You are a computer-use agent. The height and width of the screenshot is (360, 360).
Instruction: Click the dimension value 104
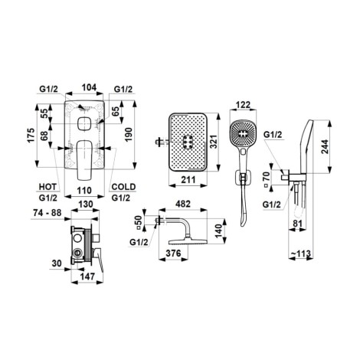pyautogui.click(x=89, y=87)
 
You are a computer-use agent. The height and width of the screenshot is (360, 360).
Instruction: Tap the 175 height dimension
pyautogui.click(x=31, y=136)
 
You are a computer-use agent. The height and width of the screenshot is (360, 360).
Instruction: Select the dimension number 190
pyautogui.click(x=128, y=135)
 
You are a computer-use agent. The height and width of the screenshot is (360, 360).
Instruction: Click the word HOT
pyautogui.click(x=47, y=187)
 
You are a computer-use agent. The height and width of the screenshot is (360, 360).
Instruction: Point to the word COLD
pyautogui.click(x=123, y=187)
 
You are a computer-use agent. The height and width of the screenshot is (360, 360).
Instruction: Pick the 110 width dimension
pyautogui.click(x=84, y=191)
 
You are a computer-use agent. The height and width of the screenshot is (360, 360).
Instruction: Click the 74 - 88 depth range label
pyautogui.click(x=47, y=212)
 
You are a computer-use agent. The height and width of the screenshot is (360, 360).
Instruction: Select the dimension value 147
pyautogui.click(x=87, y=276)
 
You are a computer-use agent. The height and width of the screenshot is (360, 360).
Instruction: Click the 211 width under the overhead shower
pyautogui.click(x=188, y=180)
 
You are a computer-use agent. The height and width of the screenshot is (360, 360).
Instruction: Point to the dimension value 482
pyautogui.click(x=183, y=204)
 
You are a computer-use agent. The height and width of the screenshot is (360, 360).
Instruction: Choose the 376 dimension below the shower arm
pyautogui.click(x=173, y=254)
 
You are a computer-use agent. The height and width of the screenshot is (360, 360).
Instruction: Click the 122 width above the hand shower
pyautogui.click(x=243, y=105)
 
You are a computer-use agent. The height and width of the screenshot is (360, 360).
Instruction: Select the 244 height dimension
pyautogui.click(x=325, y=146)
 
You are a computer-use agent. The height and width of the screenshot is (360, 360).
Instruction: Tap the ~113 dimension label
pyautogui.click(x=301, y=254)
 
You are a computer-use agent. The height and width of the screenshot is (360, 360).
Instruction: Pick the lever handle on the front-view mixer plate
pyautogui.click(x=84, y=160)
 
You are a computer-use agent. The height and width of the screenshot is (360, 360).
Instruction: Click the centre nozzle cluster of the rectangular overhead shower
pyautogui.click(x=189, y=142)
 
